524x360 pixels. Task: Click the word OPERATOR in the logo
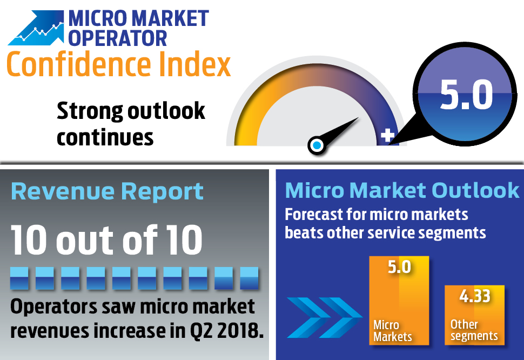click(x=118, y=38)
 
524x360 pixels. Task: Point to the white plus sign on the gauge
click(x=387, y=136)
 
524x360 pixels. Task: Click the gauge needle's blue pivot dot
click(x=317, y=145)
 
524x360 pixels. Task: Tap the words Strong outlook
click(x=131, y=111)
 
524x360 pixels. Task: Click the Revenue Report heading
click(x=107, y=192)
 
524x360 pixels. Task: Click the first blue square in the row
click(x=20, y=278)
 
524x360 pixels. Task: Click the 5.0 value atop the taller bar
click(x=399, y=267)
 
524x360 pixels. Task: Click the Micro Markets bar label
click(x=392, y=331)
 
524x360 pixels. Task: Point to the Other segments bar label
click(x=474, y=330)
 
